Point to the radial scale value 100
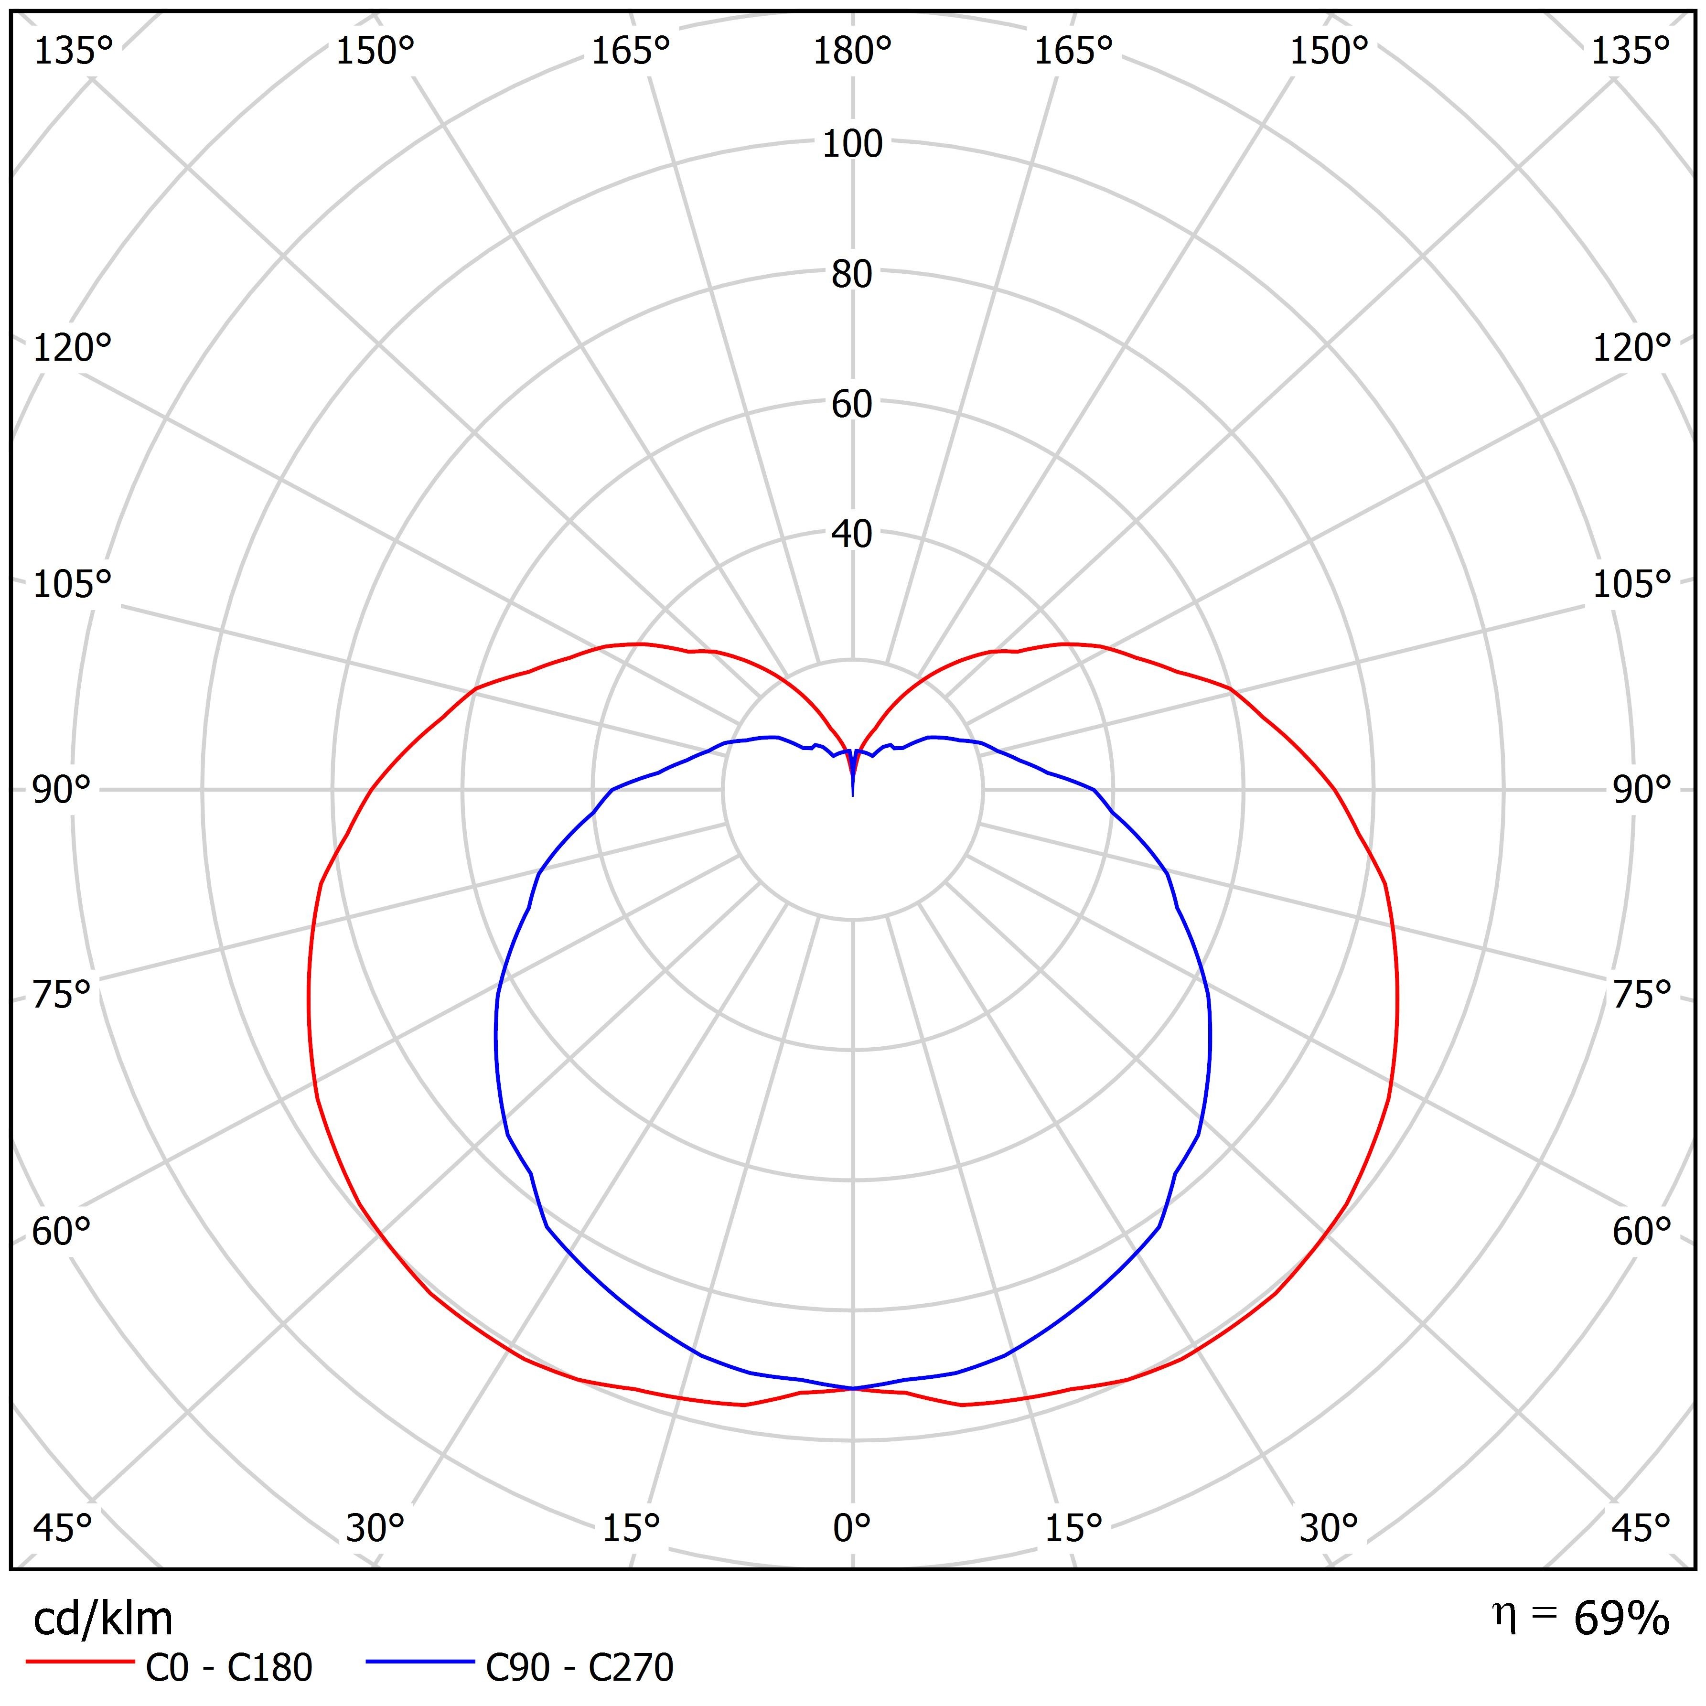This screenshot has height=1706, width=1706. [852, 144]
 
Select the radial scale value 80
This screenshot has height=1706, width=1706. [852, 275]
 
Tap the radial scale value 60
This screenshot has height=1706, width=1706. [852, 405]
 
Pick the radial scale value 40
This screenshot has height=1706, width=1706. [852, 534]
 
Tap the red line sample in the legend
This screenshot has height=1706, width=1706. [79, 1662]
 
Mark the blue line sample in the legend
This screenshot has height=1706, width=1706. [420, 1662]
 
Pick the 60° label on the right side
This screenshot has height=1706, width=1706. [1642, 1232]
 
